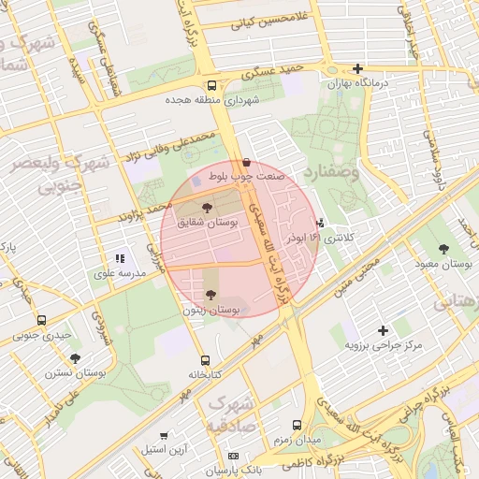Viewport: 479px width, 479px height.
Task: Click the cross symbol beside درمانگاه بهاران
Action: (x=357, y=68)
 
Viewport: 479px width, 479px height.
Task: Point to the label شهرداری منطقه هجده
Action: (x=210, y=99)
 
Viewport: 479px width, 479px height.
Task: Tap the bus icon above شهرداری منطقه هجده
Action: (x=210, y=84)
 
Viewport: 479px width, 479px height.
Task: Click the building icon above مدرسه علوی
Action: (x=120, y=258)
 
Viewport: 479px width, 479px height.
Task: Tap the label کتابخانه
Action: (x=205, y=374)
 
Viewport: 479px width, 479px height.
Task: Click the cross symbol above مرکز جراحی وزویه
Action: (x=383, y=330)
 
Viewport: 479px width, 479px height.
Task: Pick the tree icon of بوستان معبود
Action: (x=444, y=250)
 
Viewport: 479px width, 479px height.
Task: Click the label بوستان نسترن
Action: (x=76, y=373)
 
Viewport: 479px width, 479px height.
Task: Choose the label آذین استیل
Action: (x=164, y=450)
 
